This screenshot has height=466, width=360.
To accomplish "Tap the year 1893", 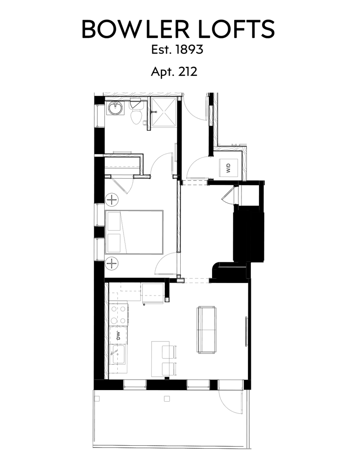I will pos(189,50).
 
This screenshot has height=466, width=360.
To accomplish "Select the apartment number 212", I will pos(187,71).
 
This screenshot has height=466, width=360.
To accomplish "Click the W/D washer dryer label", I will pos(228,167).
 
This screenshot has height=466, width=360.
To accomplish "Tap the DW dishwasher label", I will pos(117,335).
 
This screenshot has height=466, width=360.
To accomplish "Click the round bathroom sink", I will pos(116,108).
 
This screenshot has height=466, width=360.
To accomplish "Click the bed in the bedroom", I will pos(135,232).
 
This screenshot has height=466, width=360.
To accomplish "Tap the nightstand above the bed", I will pos(112,200).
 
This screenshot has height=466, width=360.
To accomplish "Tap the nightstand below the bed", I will pos(112,262).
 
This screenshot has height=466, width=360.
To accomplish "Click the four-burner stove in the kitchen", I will pos(119,315).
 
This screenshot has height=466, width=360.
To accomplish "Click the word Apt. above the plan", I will pos(162,72).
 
